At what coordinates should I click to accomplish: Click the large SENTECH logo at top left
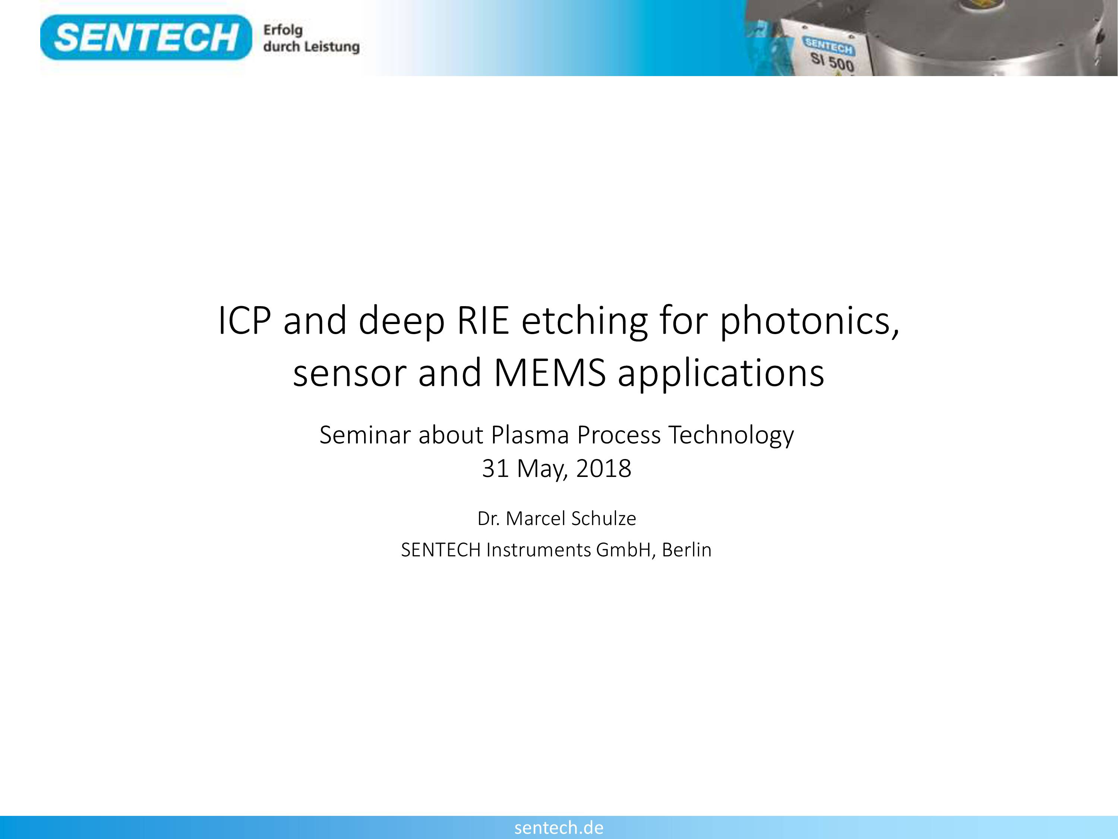click(146, 37)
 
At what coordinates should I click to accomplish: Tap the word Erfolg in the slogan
click(283, 30)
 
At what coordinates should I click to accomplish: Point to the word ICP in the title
click(244, 321)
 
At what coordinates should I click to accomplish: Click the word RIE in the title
click(483, 321)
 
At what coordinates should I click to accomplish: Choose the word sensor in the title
click(350, 375)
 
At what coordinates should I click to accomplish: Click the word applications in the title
click(721, 374)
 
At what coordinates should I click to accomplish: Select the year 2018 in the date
click(603, 469)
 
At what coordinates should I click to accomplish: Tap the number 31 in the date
click(495, 469)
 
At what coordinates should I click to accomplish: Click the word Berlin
click(686, 550)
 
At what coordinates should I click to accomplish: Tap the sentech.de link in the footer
click(559, 827)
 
